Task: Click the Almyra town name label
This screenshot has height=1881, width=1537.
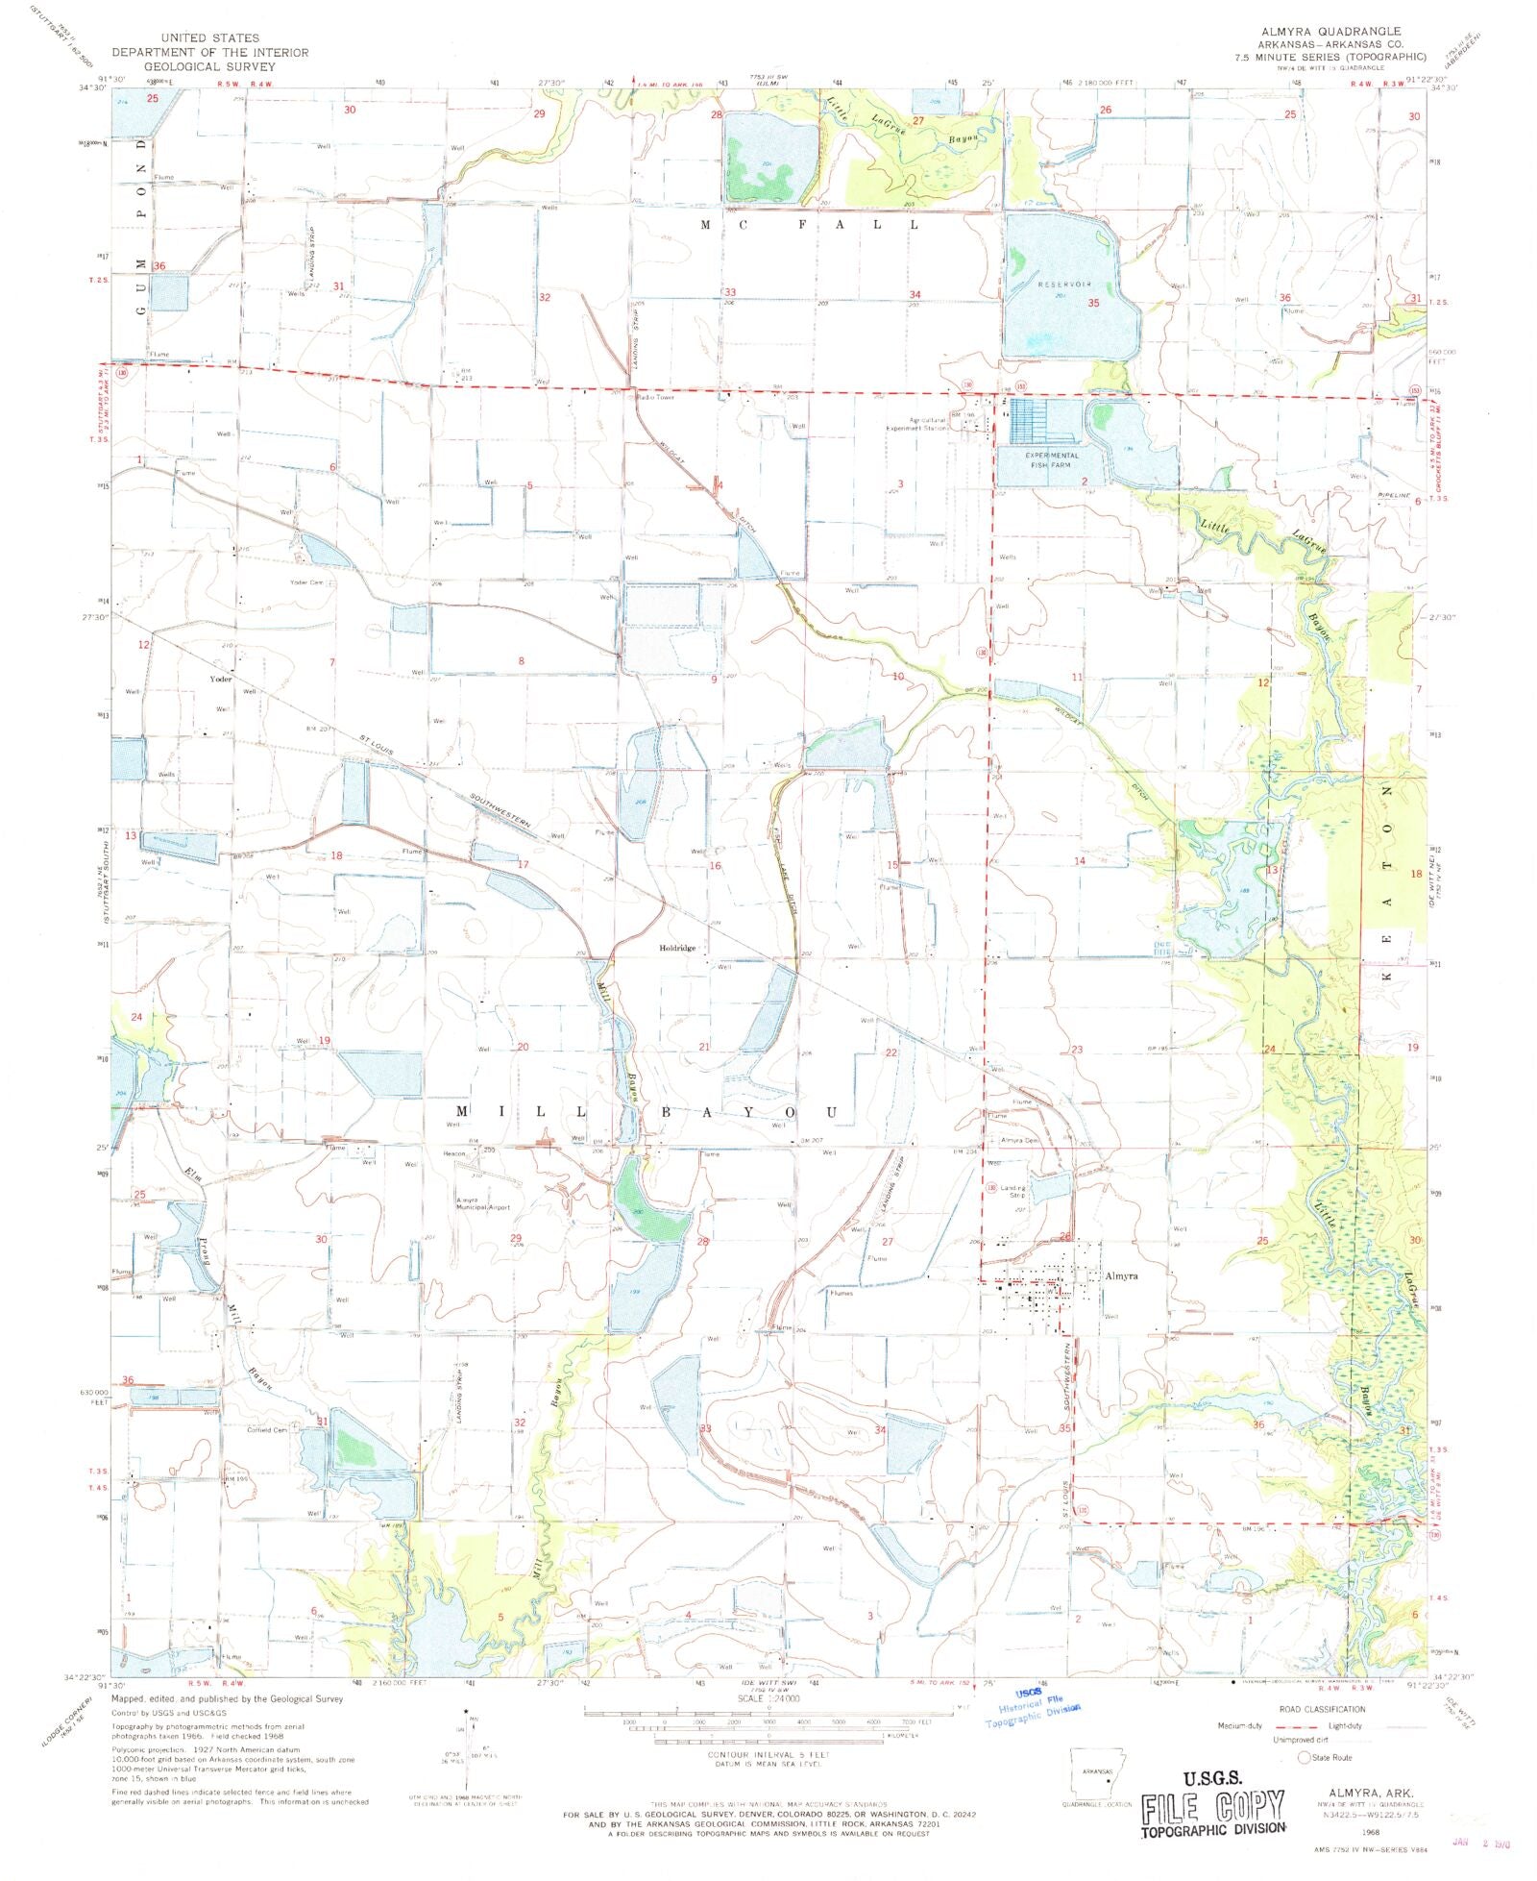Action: [x=1121, y=1275]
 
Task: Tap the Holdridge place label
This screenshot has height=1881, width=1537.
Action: [x=676, y=948]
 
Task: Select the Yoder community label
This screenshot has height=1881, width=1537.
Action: [x=221, y=679]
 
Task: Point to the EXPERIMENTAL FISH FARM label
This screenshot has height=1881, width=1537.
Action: [x=1051, y=459]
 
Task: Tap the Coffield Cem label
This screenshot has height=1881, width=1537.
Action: [x=267, y=1430]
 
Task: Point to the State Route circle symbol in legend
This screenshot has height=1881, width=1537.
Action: [x=1304, y=1757]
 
